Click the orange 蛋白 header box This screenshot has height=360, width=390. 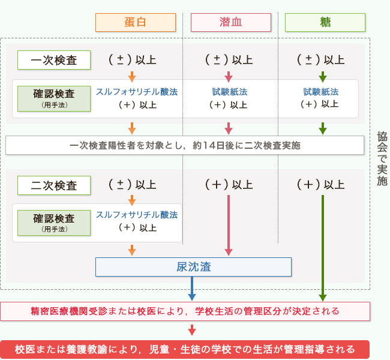point(136,23)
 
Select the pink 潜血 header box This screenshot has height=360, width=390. point(230,23)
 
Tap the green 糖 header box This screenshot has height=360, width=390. point(325,23)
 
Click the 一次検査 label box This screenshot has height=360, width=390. point(54,60)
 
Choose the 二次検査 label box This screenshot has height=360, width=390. point(54,185)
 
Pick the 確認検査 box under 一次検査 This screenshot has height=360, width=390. point(54,98)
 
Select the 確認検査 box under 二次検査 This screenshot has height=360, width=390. point(54,223)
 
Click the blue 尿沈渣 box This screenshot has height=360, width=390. point(193,267)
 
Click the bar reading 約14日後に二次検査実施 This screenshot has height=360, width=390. point(185,145)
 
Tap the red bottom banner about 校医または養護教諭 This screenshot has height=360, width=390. point(185,349)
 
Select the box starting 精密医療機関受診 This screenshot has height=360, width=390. point(185,311)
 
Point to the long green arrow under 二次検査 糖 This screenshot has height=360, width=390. point(323,246)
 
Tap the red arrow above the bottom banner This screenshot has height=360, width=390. point(192,330)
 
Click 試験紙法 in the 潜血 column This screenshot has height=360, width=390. point(229,92)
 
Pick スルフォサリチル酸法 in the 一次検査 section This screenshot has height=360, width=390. point(137,92)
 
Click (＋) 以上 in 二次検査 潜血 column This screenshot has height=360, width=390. point(229,185)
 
